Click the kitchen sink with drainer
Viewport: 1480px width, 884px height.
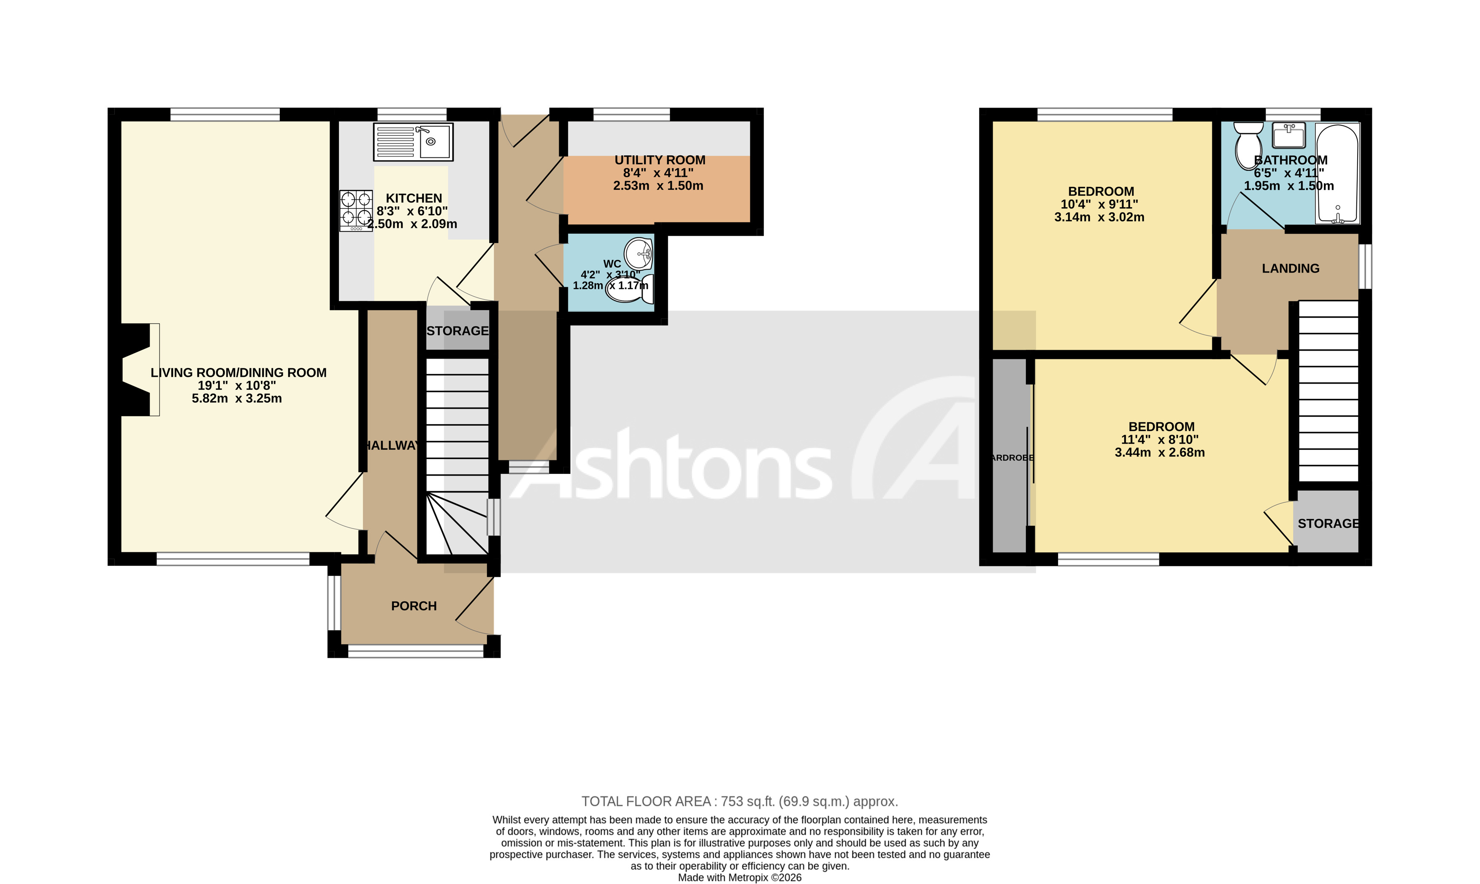click(413, 142)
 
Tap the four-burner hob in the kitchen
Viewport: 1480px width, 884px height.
click(356, 210)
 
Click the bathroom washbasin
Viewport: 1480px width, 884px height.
click(1288, 135)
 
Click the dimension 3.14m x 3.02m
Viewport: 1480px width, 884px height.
click(1099, 217)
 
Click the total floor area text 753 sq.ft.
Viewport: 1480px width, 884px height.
click(739, 801)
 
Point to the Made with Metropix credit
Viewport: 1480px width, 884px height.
click(739, 877)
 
